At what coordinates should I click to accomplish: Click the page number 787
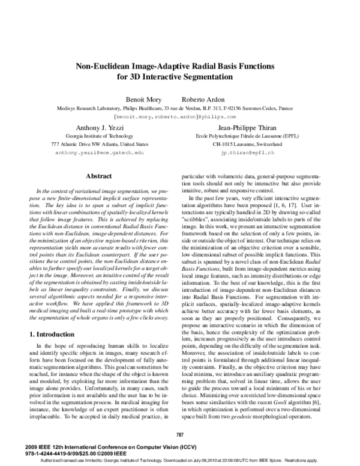[x=179, y=434]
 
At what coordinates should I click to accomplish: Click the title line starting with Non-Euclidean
[x=179, y=66]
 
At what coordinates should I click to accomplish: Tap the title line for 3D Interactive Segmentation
[x=179, y=77]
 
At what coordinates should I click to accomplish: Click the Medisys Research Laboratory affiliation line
[x=179, y=107]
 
